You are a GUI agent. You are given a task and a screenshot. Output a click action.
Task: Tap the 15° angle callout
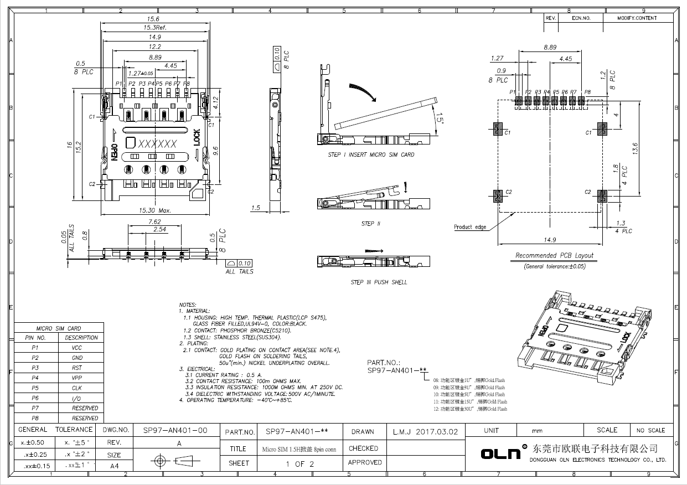click(x=438, y=119)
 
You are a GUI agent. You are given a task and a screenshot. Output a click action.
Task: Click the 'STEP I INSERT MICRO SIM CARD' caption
click(x=371, y=155)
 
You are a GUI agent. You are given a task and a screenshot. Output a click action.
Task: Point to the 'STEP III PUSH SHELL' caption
click(x=379, y=282)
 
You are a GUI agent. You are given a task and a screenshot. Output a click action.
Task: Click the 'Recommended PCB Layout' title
click(x=554, y=256)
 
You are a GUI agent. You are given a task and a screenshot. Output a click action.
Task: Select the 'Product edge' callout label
click(x=470, y=227)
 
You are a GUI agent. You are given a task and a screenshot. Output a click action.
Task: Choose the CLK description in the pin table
click(x=78, y=388)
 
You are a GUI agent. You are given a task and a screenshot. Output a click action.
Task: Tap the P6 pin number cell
click(x=35, y=398)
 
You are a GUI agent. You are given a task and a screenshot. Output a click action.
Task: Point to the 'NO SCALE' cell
click(x=650, y=431)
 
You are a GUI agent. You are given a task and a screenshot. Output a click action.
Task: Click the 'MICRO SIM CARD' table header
click(x=58, y=328)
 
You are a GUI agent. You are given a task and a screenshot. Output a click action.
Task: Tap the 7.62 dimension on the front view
click(x=154, y=221)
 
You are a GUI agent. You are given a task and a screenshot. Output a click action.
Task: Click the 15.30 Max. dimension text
click(x=155, y=211)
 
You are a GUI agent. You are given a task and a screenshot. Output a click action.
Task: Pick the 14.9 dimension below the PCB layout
click(x=549, y=240)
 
